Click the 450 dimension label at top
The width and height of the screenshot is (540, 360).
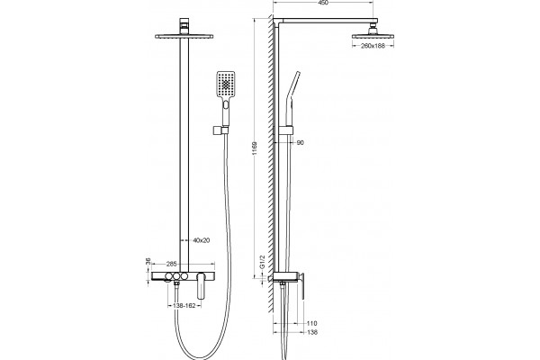click(x=323, y=3)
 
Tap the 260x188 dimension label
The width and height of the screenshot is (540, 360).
click(x=373, y=46)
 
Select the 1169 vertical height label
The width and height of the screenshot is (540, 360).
click(x=255, y=148)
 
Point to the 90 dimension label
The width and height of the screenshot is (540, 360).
click(x=300, y=142)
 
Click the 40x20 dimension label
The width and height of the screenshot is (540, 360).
click(x=201, y=240)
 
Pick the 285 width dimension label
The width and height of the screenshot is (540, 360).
click(x=171, y=265)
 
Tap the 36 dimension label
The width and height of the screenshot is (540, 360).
click(x=148, y=262)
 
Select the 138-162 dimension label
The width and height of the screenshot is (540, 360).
click(x=184, y=306)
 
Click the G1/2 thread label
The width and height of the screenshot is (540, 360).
click(x=262, y=262)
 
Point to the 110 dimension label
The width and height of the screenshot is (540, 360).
click(x=311, y=323)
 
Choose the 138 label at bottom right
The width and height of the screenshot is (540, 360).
click(x=312, y=332)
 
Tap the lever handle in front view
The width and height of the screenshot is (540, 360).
click(x=201, y=285)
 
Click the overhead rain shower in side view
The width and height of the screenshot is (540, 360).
click(x=373, y=35)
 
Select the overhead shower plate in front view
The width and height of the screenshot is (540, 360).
click(x=184, y=36)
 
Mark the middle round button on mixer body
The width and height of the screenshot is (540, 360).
click(x=177, y=275)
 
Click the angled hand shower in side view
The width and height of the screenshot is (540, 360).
click(x=292, y=98)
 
